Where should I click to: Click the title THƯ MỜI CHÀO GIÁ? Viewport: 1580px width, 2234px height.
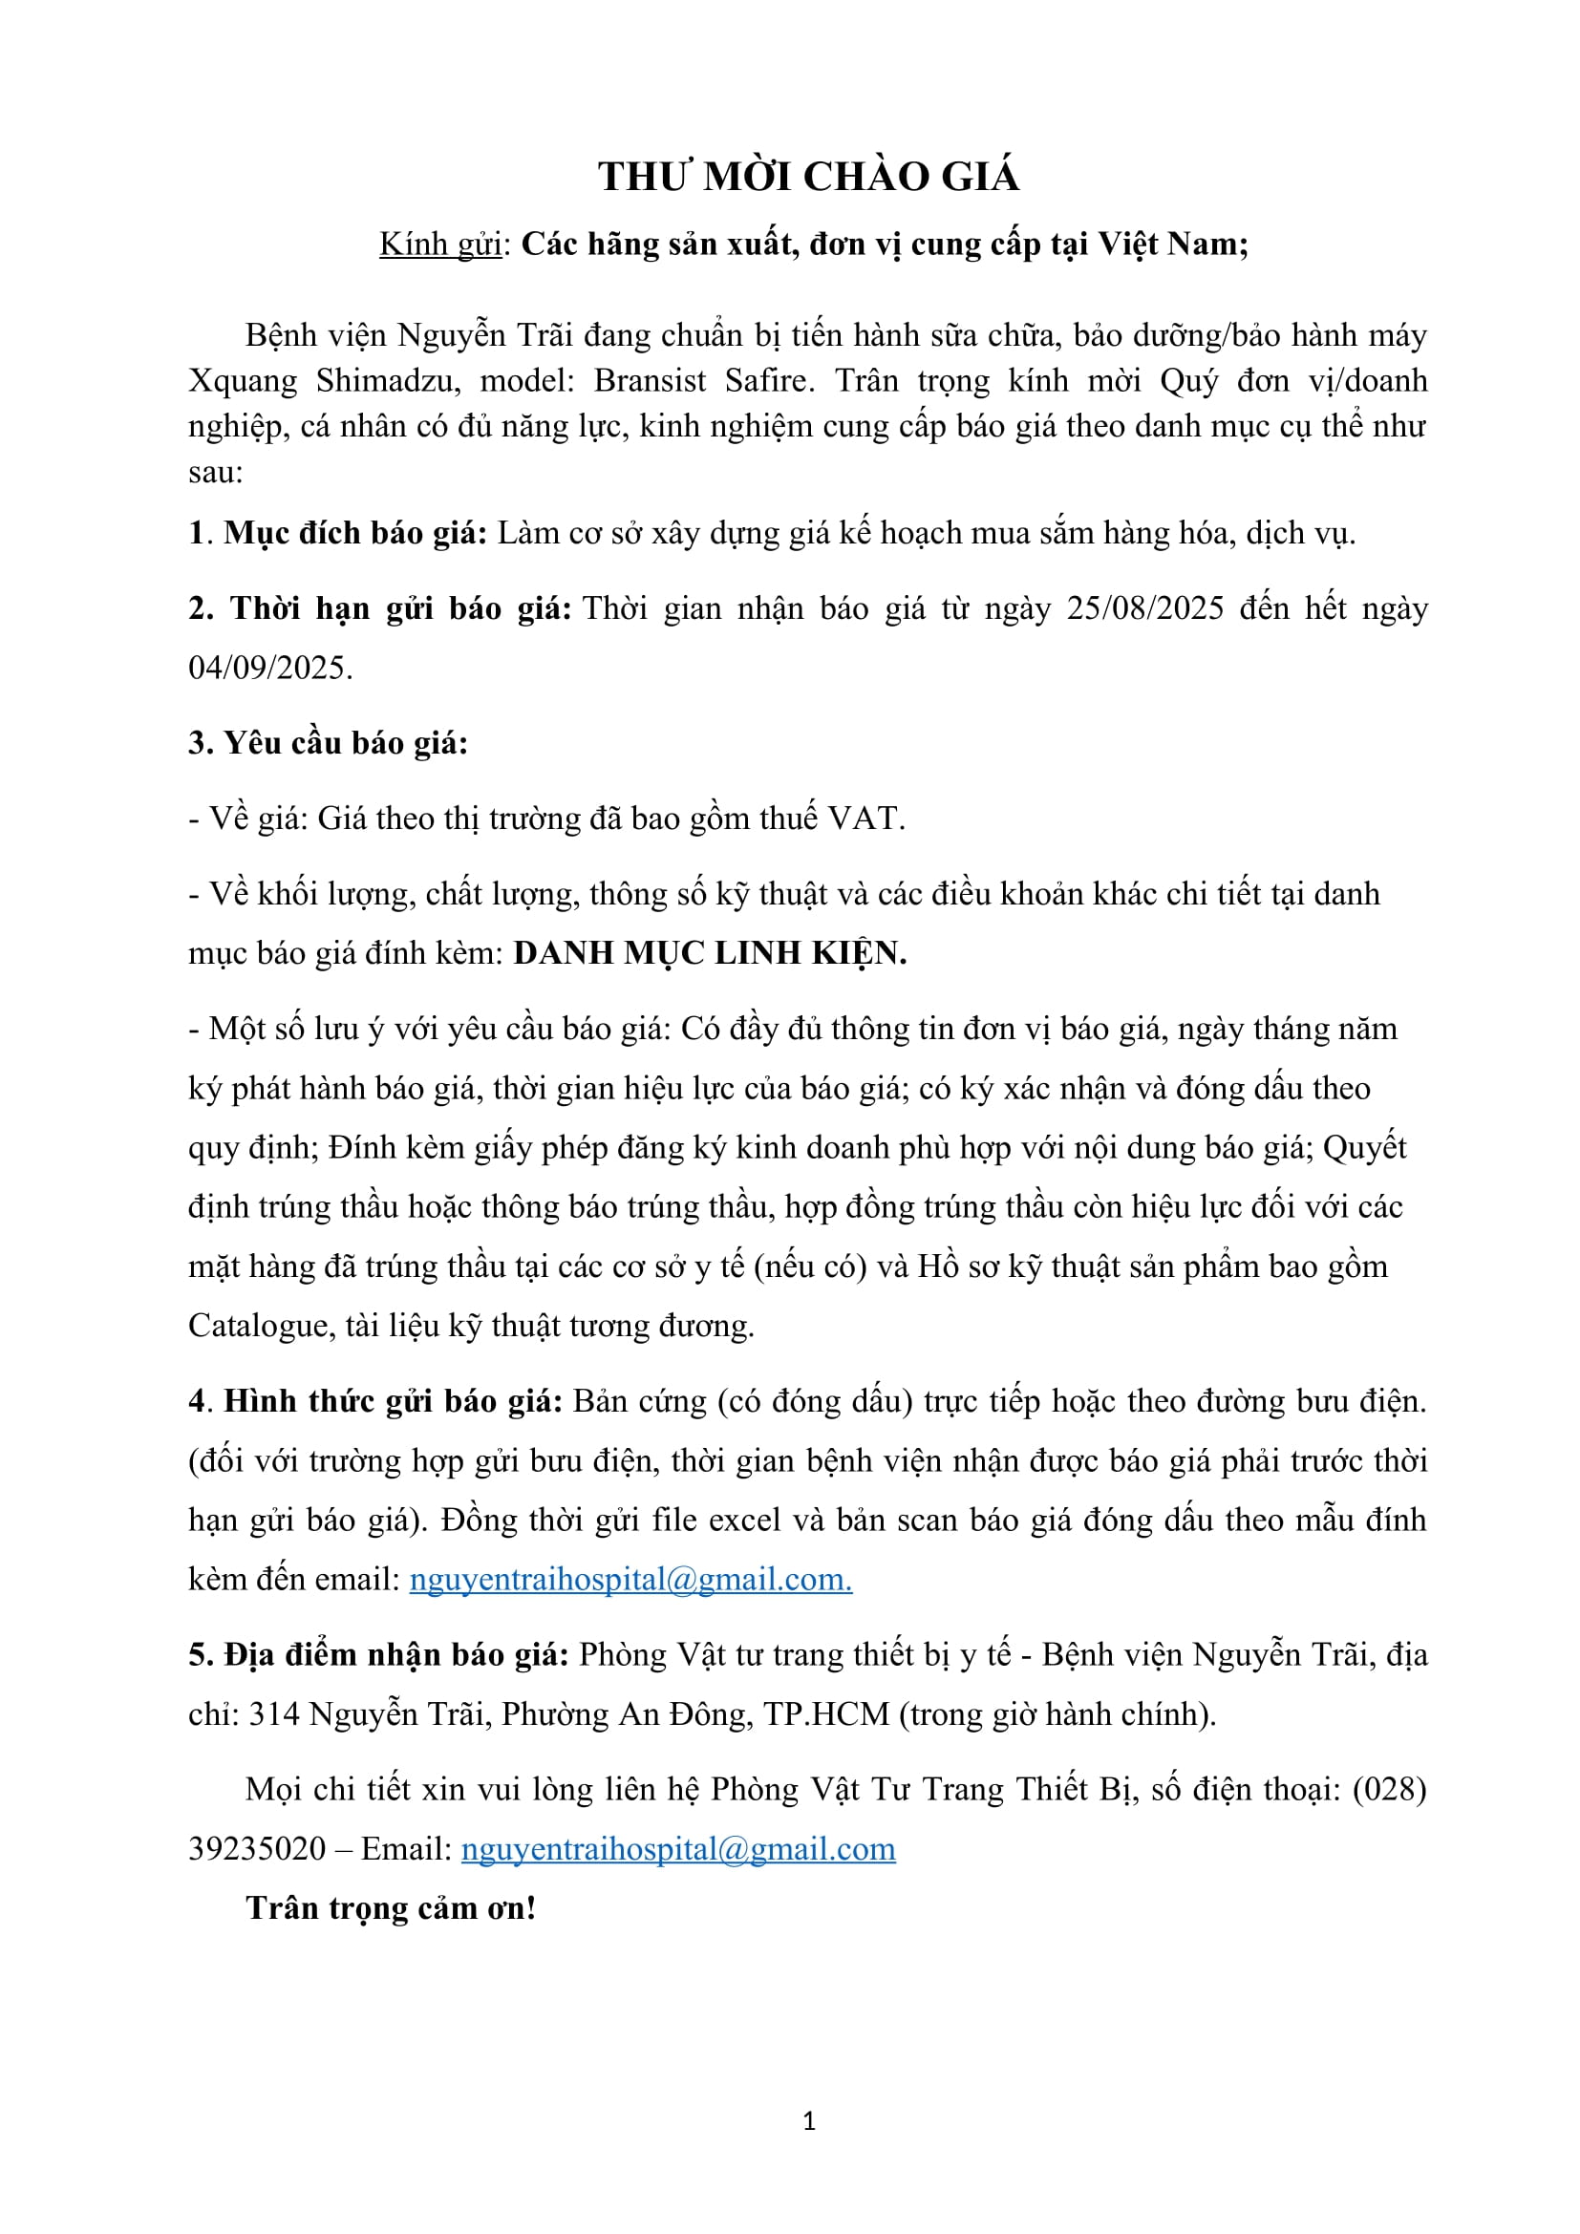coord(808,177)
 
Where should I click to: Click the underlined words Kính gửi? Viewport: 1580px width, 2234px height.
coord(439,245)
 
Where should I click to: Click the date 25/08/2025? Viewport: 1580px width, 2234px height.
coord(1144,609)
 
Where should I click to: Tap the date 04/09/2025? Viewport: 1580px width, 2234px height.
coord(268,669)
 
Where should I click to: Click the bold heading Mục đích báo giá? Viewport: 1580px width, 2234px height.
coord(354,534)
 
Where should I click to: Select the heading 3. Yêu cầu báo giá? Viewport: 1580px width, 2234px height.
coord(328,743)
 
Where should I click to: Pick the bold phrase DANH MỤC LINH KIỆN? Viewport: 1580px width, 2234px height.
coord(709,953)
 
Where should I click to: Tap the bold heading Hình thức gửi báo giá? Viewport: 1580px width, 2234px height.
coord(393,1402)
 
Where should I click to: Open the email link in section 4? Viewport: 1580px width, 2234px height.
coord(630,1579)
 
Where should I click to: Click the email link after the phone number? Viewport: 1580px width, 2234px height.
coord(677,1849)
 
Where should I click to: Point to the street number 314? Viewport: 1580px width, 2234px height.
coord(273,1714)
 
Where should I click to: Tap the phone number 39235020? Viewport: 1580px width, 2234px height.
coord(256,1849)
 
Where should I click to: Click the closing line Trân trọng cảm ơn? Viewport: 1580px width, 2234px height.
coord(390,1908)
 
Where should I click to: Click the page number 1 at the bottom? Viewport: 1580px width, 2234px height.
coord(808,2121)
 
